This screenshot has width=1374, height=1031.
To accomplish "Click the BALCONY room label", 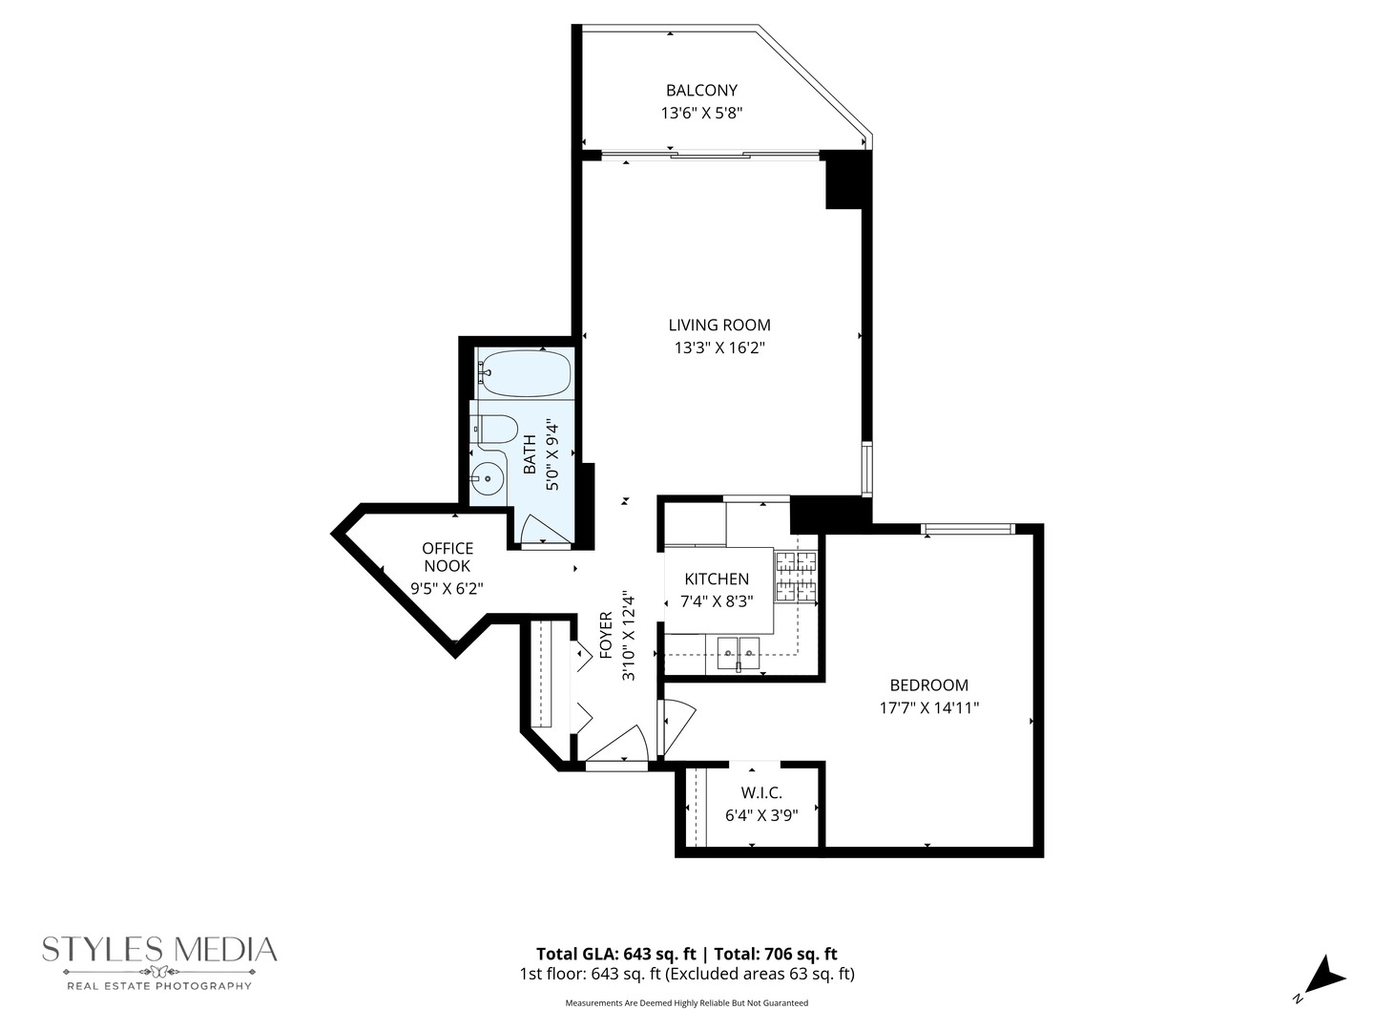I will tap(701, 91).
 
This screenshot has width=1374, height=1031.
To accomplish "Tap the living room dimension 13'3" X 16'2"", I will tap(719, 348).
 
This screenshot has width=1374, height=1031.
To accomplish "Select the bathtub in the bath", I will tap(525, 373).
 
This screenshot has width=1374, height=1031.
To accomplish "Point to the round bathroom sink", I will tap(489, 478).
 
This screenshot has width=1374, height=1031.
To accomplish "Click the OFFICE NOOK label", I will tap(448, 557).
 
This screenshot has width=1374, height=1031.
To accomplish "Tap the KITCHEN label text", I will tap(717, 579).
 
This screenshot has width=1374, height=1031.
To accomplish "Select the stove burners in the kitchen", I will tap(796, 578).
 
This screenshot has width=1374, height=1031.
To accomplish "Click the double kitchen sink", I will tap(739, 654).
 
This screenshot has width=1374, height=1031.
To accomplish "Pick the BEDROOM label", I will tap(928, 684).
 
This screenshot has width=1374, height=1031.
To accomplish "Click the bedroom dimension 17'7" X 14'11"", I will tap(928, 708).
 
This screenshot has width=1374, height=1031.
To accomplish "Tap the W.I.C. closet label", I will tap(761, 793).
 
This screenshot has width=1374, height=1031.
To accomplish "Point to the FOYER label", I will tap(606, 635).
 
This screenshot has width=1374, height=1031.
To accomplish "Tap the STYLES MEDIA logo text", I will tap(159, 949).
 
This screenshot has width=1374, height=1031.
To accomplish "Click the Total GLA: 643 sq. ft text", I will tap(616, 954).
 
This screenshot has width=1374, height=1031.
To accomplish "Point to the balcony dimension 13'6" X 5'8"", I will tap(701, 113).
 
